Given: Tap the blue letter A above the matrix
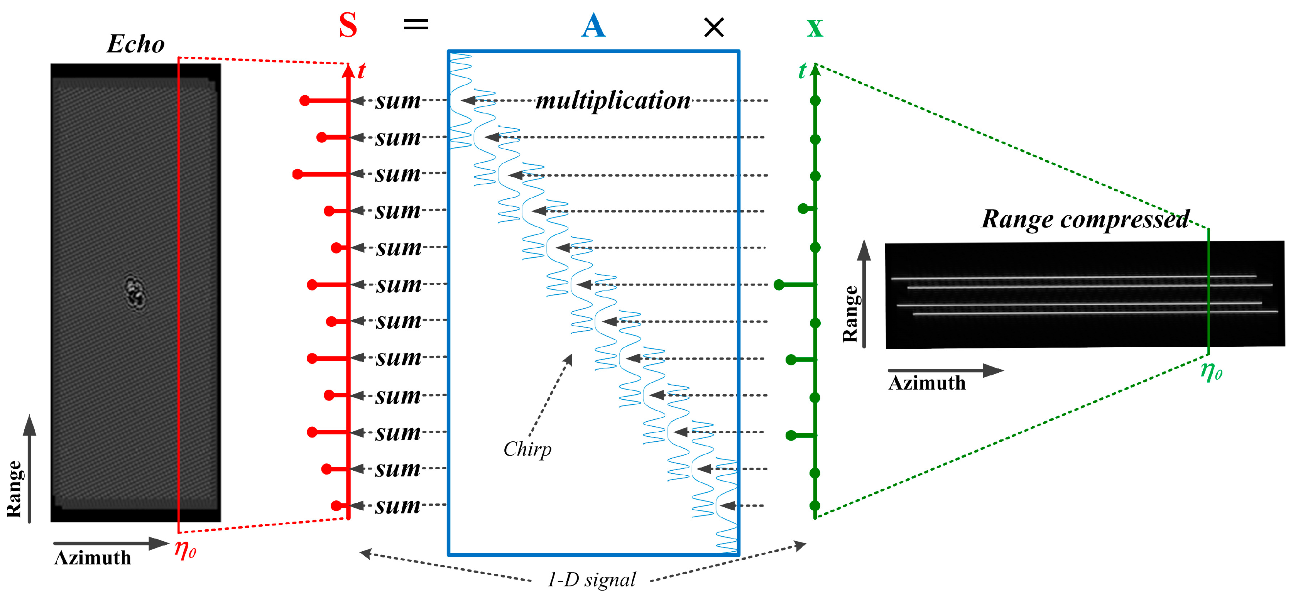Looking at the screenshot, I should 593,26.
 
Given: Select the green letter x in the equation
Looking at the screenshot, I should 814,28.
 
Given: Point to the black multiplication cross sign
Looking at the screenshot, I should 713,27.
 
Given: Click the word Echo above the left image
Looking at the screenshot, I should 135,44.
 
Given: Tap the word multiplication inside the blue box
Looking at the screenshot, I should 613,100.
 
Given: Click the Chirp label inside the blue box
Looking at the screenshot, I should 527,449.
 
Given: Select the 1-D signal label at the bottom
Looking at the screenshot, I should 592,580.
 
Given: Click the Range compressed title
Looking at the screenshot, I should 1085,220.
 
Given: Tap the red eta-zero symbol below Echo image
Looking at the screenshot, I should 185,549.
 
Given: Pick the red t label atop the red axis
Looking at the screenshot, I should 361,71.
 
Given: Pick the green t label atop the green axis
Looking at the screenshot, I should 802,71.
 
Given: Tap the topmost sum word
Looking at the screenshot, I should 397,101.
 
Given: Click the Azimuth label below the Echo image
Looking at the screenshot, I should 93,558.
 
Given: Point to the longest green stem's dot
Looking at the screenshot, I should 779,285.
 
